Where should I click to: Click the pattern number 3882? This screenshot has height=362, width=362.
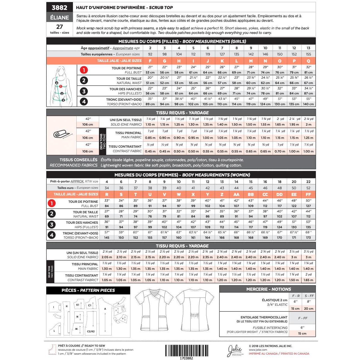tap(59, 8)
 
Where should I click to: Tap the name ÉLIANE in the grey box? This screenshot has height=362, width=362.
tap(59, 18)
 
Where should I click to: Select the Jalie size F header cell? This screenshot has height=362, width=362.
tap(150, 61)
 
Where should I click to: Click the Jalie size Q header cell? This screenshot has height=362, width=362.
tap(308, 61)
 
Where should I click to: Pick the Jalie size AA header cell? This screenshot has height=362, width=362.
tap(236, 194)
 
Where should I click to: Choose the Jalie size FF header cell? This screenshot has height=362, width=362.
tap(308, 194)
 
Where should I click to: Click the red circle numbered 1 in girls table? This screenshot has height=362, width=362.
tap(84, 70)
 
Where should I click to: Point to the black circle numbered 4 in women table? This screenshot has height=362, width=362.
tap(52, 235)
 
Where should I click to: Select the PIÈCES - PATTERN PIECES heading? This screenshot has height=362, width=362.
tap(88, 290)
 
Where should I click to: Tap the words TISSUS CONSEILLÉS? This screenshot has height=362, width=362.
tap(78, 160)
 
